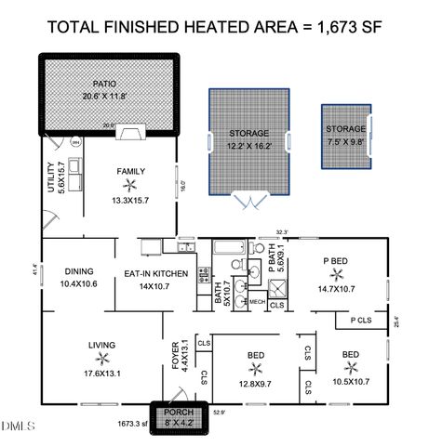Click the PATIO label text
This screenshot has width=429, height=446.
coord(109,83)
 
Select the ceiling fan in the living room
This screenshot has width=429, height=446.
coord(102,358)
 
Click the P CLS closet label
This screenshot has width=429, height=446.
coord(361,321)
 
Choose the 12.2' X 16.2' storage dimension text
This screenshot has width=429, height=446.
coord(248,146)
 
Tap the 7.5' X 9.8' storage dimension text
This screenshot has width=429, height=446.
coord(345,141)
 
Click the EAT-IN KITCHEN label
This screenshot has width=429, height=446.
coord(156,274)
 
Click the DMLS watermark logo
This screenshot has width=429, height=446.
coord(16,426)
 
